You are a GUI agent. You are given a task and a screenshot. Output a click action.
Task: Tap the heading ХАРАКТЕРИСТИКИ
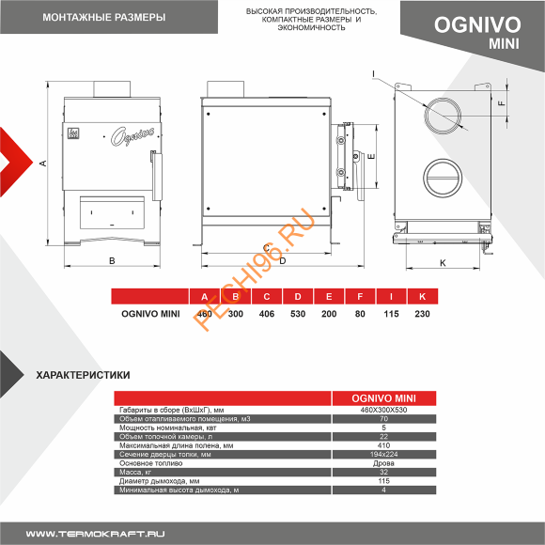coord(83,374)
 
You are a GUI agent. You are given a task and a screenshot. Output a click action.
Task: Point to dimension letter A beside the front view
coord(43,163)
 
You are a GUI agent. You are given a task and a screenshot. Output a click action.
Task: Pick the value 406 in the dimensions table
coord(267,313)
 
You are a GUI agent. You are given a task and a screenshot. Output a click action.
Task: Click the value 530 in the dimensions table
coord(297,313)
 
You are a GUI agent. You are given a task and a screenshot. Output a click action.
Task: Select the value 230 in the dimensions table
coord(422,313)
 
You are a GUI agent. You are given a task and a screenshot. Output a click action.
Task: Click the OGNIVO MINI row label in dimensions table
coord(150,313)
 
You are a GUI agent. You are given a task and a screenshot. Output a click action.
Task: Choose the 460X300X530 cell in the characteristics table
coord(383,409)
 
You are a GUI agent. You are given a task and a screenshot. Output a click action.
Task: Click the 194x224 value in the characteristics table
coord(383,454)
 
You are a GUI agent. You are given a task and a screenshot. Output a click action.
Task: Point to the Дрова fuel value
coord(383,462)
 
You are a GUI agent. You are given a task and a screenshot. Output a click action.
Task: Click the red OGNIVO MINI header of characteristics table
coord(383,397)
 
